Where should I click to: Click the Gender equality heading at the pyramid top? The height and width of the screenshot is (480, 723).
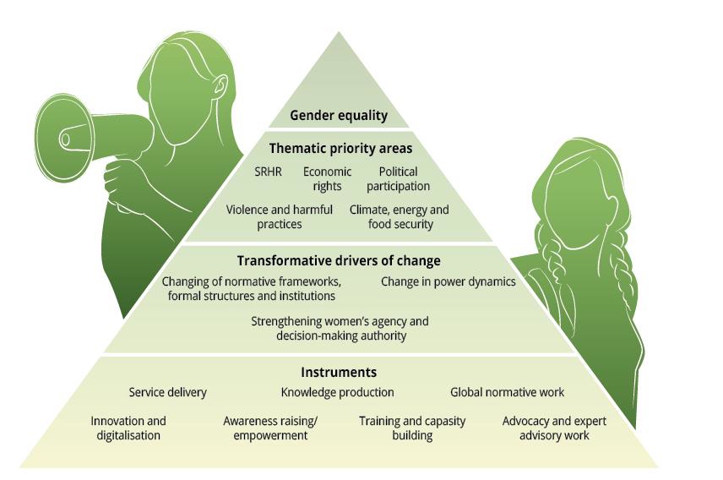(339, 116)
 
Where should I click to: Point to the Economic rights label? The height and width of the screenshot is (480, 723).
(328, 178)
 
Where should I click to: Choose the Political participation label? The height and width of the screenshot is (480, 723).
(398, 178)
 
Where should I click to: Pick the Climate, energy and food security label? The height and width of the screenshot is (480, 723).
(400, 216)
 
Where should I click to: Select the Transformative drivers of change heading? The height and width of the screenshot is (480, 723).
(339, 261)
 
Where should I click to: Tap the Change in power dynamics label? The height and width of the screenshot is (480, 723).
(448, 281)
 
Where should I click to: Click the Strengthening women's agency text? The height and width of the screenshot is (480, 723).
(340, 328)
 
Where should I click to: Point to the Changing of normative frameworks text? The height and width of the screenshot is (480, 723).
(252, 288)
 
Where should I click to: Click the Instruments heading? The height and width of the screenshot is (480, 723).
(339, 372)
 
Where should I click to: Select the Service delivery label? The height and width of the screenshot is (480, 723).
(167, 392)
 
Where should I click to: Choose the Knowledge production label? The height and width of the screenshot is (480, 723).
(337, 392)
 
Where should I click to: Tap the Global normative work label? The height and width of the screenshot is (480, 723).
(507, 392)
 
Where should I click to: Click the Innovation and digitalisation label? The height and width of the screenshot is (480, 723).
(128, 428)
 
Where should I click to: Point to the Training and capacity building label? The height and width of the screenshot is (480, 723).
(412, 428)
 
